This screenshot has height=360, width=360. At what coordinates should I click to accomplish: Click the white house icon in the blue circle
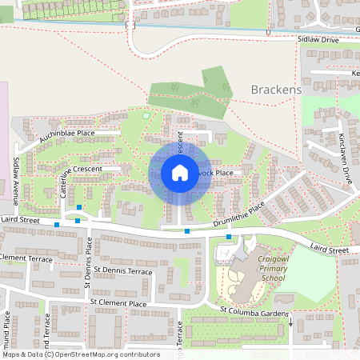(179, 172)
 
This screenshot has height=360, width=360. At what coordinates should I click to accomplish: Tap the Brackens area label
(276, 90)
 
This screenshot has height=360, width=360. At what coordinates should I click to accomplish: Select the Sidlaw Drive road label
(318, 38)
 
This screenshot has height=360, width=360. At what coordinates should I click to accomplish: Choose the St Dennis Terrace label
(122, 271)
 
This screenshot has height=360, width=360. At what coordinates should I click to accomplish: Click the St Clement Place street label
(118, 303)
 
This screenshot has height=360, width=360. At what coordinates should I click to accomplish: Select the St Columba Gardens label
(254, 309)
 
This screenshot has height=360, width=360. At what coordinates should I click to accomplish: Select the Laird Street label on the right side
(329, 250)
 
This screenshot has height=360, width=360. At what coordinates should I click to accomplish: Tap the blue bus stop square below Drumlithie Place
(187, 231)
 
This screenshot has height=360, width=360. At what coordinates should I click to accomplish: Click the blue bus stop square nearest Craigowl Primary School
(229, 237)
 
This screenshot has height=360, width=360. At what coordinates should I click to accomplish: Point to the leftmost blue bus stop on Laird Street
(57, 225)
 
